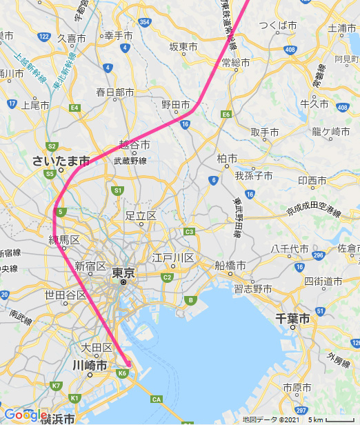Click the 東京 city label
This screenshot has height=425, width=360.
123,273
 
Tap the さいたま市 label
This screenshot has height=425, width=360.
61,161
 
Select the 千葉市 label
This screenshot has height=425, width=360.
292,319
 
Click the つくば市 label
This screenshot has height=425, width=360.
278,26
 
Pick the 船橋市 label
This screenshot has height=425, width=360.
229,265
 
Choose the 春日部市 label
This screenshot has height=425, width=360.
115,91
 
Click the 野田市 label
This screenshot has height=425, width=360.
176,105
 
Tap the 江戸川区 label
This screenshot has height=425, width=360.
173,258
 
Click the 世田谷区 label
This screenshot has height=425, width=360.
66,295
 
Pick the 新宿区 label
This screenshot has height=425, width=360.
90,266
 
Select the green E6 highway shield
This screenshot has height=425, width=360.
226,114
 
